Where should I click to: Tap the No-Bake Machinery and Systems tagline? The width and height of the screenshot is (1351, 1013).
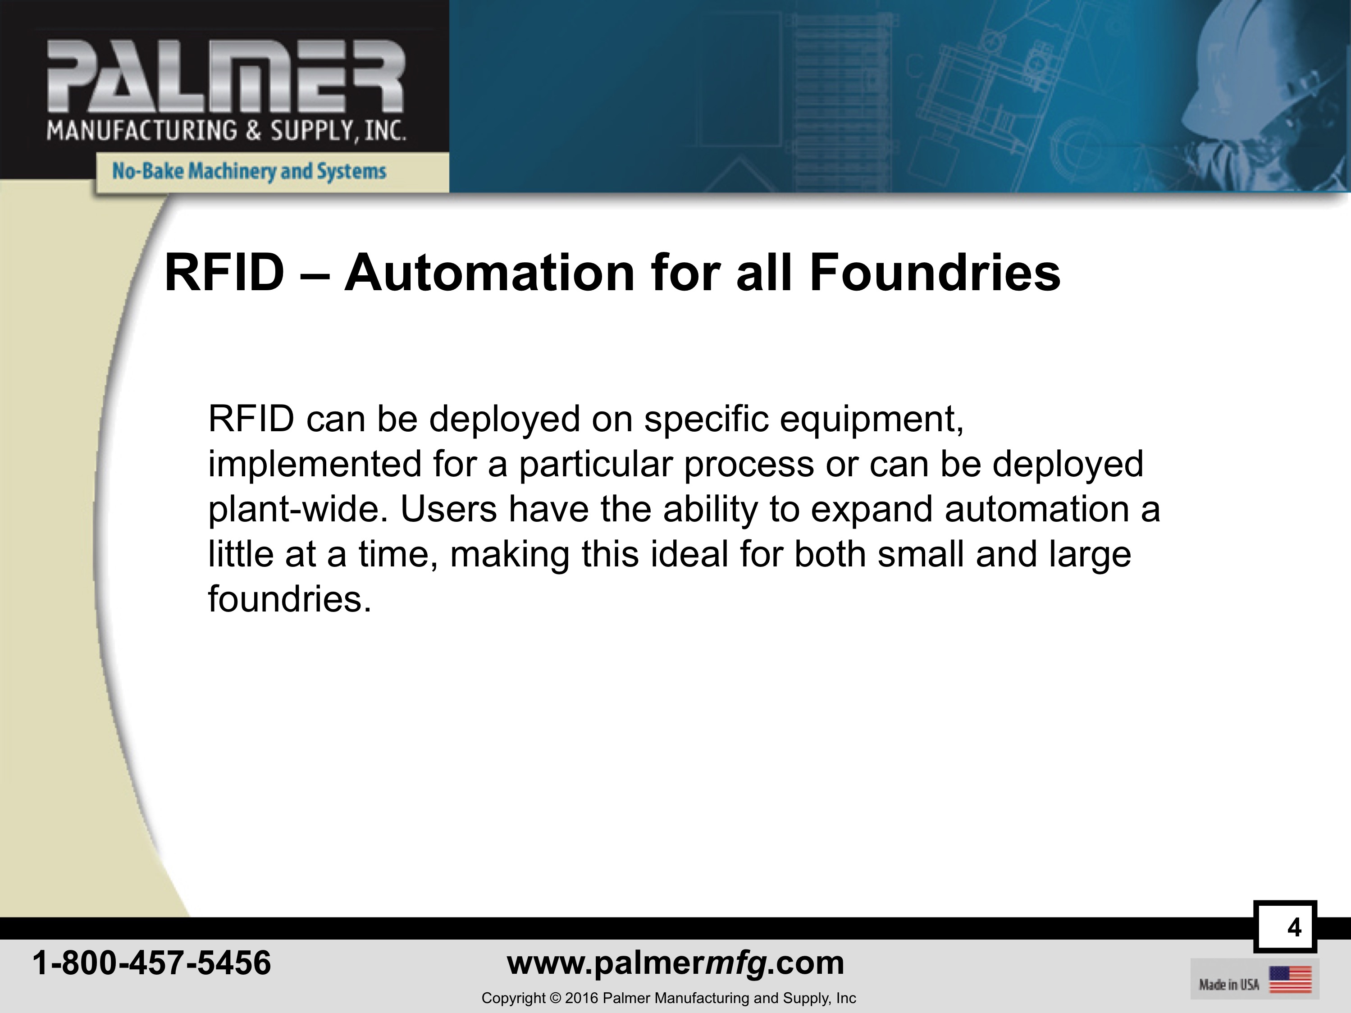point(249,171)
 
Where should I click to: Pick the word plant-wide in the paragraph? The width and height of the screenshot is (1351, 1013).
point(298,509)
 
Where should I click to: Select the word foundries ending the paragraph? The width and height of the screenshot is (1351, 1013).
point(289,598)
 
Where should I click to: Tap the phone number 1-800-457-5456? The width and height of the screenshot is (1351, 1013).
point(151,963)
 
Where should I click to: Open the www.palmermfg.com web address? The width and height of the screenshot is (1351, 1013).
point(675,963)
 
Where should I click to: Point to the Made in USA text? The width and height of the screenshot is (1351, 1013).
point(1229,984)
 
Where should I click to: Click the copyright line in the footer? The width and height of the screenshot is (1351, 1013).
point(669,998)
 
